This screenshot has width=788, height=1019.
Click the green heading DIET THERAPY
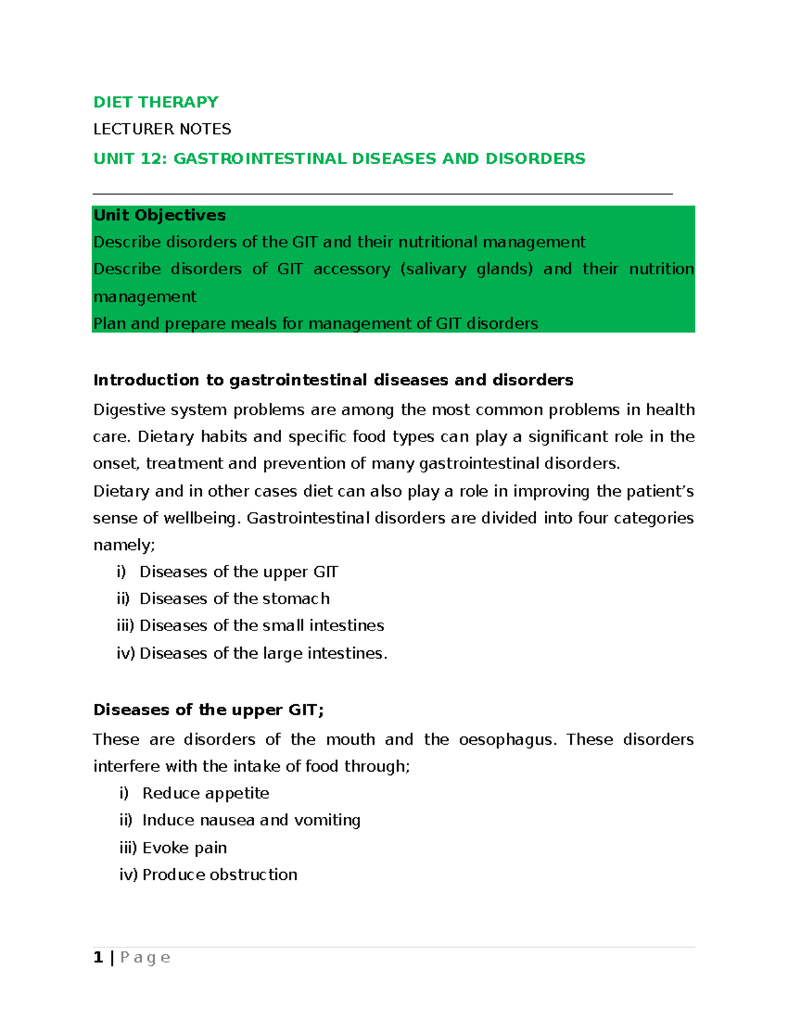click(156, 102)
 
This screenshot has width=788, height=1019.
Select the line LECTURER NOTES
click(162, 129)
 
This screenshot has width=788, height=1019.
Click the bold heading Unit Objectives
click(159, 215)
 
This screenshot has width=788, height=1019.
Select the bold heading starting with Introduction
click(333, 381)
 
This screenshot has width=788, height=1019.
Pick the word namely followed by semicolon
click(123, 545)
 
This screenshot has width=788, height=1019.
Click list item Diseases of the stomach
click(234, 599)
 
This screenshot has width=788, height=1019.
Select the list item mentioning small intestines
click(261, 626)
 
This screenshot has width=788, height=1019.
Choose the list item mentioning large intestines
click(263, 654)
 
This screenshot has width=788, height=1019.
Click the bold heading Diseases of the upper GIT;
click(208, 710)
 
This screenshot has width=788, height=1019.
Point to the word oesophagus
click(506, 739)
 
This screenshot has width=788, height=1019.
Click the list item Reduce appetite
click(206, 793)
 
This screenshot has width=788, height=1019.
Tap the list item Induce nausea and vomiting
click(251, 820)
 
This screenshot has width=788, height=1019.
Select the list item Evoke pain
click(185, 848)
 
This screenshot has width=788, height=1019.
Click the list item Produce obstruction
click(219, 875)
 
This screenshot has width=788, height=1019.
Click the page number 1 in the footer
click(98, 958)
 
